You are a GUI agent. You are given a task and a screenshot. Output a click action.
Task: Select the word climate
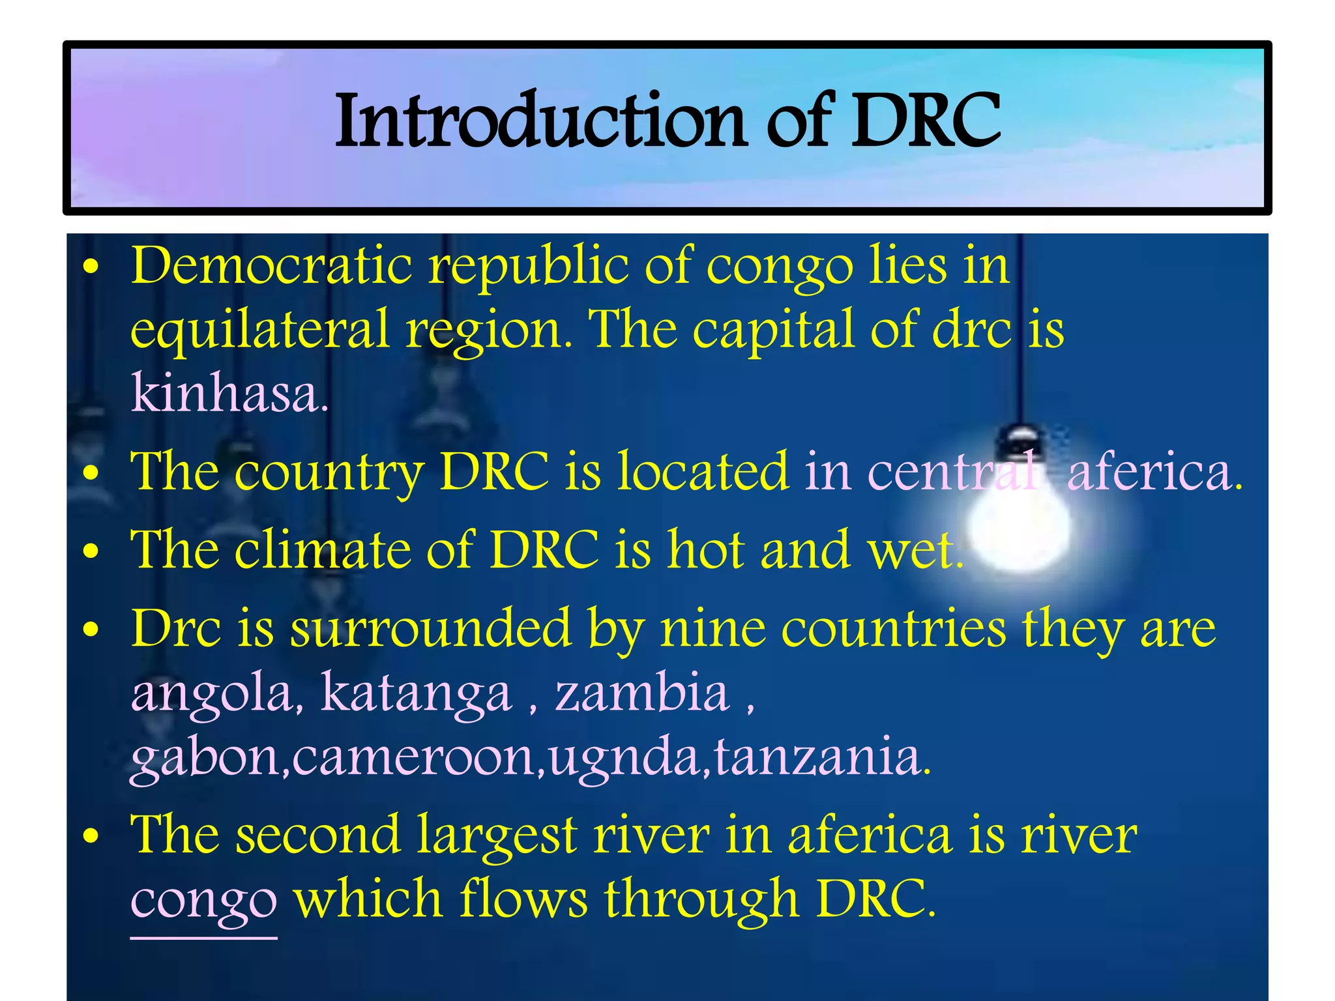(x=323, y=549)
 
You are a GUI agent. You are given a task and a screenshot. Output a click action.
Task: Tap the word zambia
(x=642, y=693)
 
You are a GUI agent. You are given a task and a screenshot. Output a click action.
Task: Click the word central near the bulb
(x=952, y=472)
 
